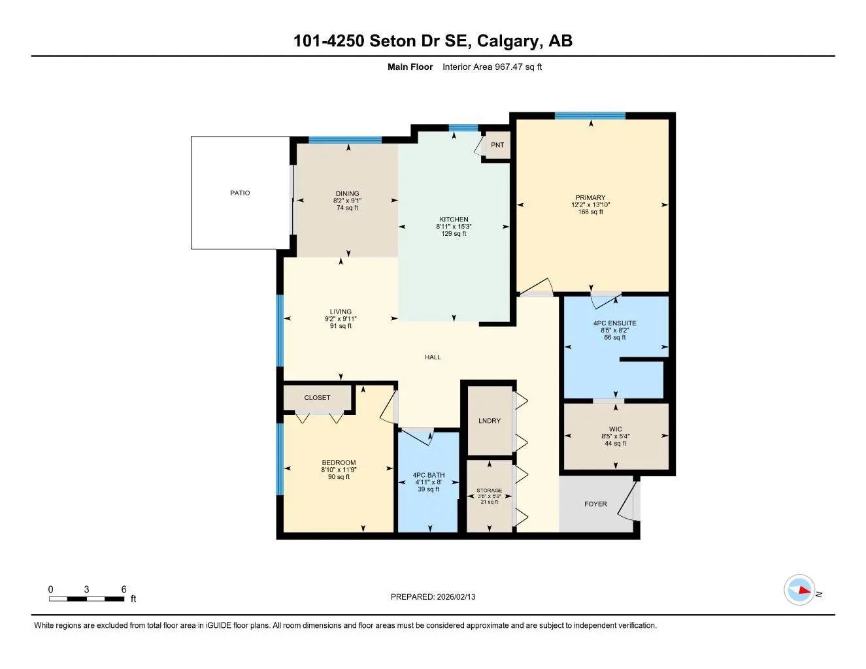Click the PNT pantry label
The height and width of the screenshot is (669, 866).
497,145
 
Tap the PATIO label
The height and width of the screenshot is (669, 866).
240,193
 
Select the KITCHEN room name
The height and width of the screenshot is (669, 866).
454,220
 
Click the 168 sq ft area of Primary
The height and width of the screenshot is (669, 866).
590,212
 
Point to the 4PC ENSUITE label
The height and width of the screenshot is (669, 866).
614,323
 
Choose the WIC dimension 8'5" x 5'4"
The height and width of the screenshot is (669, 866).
615,436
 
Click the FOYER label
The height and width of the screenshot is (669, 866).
595,504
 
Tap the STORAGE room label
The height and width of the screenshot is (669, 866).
489,491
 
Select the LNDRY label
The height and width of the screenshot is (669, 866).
489,421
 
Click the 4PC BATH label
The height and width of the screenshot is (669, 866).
428,475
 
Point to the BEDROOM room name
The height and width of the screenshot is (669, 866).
339,463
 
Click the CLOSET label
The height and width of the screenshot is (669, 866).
317,397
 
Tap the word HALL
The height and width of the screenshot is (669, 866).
433,357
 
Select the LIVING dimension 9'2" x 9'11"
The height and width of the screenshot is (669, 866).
341,319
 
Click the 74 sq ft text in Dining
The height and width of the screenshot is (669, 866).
347,208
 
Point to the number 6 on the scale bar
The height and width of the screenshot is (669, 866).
124,589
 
